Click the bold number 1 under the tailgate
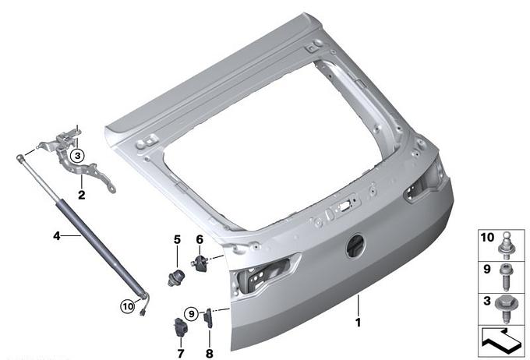(358, 323)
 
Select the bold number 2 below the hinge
(82, 195)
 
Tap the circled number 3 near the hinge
(77, 156)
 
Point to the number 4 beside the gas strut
(56, 235)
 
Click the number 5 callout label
(177, 240)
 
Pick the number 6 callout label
(200, 240)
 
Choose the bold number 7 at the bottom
(181, 354)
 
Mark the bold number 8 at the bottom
(209, 354)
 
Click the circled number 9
(191, 314)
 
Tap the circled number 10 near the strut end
(128, 307)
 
